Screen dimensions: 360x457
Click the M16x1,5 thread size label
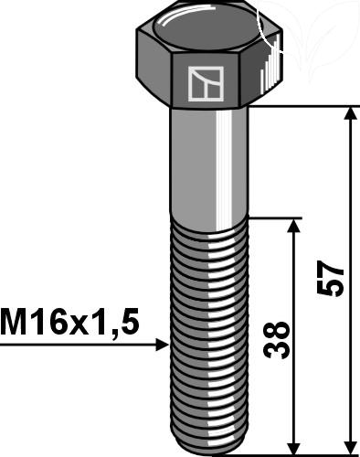(x=69, y=322)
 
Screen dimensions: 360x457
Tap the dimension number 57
(x=330, y=278)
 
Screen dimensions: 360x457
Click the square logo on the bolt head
(x=206, y=84)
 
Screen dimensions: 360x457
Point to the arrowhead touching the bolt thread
(x=162, y=345)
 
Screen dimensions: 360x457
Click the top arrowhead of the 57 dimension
(x=352, y=113)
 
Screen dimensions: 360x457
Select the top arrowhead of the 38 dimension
(x=294, y=226)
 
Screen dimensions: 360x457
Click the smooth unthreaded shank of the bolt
(x=209, y=167)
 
